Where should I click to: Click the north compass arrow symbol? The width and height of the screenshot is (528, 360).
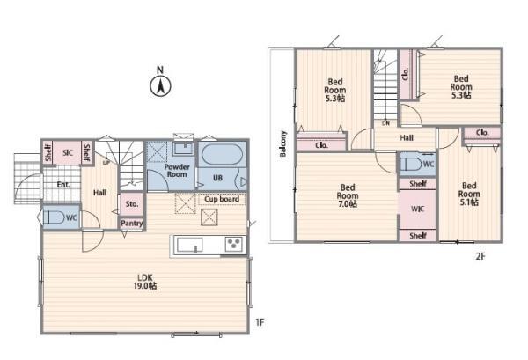tap(160, 86)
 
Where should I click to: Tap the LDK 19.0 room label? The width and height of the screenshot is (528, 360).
tap(145, 282)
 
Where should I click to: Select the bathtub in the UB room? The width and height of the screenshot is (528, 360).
tap(223, 154)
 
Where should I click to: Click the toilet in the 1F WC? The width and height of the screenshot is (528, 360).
tap(54, 217)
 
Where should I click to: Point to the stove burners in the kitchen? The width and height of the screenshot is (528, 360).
tap(234, 244)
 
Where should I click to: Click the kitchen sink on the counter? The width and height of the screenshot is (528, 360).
tap(190, 245)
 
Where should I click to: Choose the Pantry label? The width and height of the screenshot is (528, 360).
tap(132, 224)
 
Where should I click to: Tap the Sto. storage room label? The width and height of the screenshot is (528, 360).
tap(132, 204)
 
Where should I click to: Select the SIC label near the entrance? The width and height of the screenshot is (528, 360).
tap(68, 153)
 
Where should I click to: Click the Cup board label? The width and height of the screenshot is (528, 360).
tap(222, 199)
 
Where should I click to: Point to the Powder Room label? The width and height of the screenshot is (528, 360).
tap(177, 171)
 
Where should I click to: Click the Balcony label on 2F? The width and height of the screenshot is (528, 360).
tap(283, 143)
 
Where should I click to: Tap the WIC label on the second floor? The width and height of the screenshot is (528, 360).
tap(417, 209)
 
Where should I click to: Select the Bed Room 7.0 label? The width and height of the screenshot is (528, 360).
tap(348, 195)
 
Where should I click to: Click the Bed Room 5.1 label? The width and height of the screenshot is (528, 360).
tap(469, 194)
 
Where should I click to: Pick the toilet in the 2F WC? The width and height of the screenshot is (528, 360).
tap(411, 165)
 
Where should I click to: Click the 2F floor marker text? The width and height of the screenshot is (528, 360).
tap(480, 256)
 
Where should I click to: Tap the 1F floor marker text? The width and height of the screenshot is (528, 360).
tap(260, 322)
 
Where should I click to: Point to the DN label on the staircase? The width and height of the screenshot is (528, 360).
tap(385, 123)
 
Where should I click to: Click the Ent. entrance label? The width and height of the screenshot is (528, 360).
tap(63, 185)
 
